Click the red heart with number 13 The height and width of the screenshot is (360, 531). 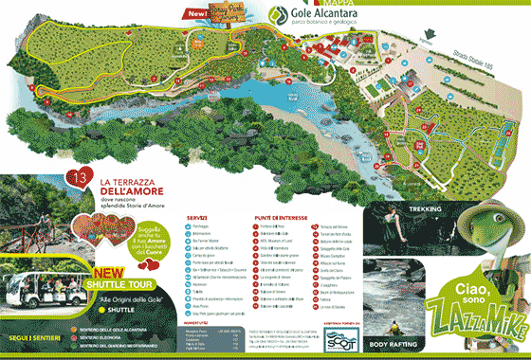[x=81, y=176]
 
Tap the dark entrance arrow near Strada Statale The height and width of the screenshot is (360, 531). [x=428, y=43]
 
